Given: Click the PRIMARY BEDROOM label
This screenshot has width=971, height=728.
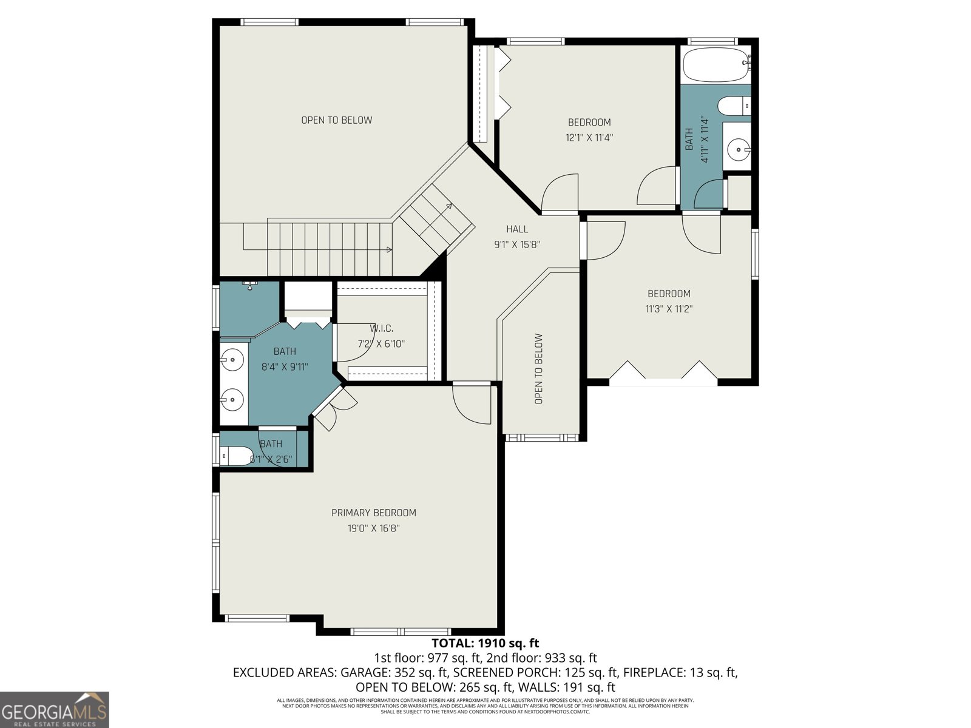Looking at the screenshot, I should click(373, 513).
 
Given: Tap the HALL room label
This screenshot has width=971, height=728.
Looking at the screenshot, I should click(517, 229).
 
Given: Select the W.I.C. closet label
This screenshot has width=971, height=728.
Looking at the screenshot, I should click(382, 328).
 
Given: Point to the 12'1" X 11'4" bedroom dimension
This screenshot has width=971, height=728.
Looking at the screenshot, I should click(589, 138).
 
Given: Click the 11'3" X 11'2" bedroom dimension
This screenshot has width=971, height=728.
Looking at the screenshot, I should click(669, 309).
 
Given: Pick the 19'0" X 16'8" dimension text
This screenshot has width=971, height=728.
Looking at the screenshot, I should click(373, 528).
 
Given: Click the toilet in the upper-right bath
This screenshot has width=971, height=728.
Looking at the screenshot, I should click(733, 106).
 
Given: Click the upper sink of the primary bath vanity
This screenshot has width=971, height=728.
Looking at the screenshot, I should click(232, 360).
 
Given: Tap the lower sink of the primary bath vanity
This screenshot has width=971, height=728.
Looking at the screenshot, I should click(232, 399).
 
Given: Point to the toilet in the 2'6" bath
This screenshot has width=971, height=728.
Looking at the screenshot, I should click(235, 455).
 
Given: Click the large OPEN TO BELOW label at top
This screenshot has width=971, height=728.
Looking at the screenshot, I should click(337, 120).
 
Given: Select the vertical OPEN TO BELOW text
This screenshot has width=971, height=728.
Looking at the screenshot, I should click(538, 369).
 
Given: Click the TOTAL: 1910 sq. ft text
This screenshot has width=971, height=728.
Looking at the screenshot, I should click(485, 643).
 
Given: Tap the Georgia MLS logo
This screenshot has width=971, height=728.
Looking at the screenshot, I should click(54, 709).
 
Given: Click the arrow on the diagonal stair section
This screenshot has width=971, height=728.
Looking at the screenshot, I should click(448, 206).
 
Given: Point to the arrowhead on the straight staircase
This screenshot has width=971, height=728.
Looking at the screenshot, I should click(388, 249).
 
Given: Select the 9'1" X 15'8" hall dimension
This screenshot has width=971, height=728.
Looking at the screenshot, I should click(517, 245).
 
